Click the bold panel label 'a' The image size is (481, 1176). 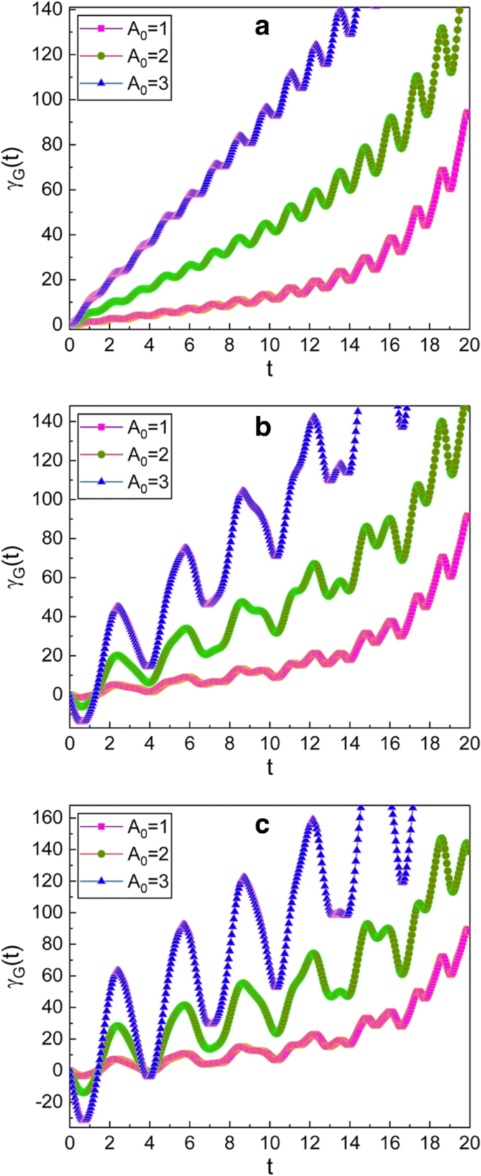point(262,27)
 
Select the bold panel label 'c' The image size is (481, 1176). point(262,825)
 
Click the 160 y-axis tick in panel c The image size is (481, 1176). point(49,818)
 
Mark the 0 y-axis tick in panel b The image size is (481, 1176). point(58,694)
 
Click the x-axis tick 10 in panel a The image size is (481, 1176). point(270,345)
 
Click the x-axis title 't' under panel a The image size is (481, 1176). point(270,368)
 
